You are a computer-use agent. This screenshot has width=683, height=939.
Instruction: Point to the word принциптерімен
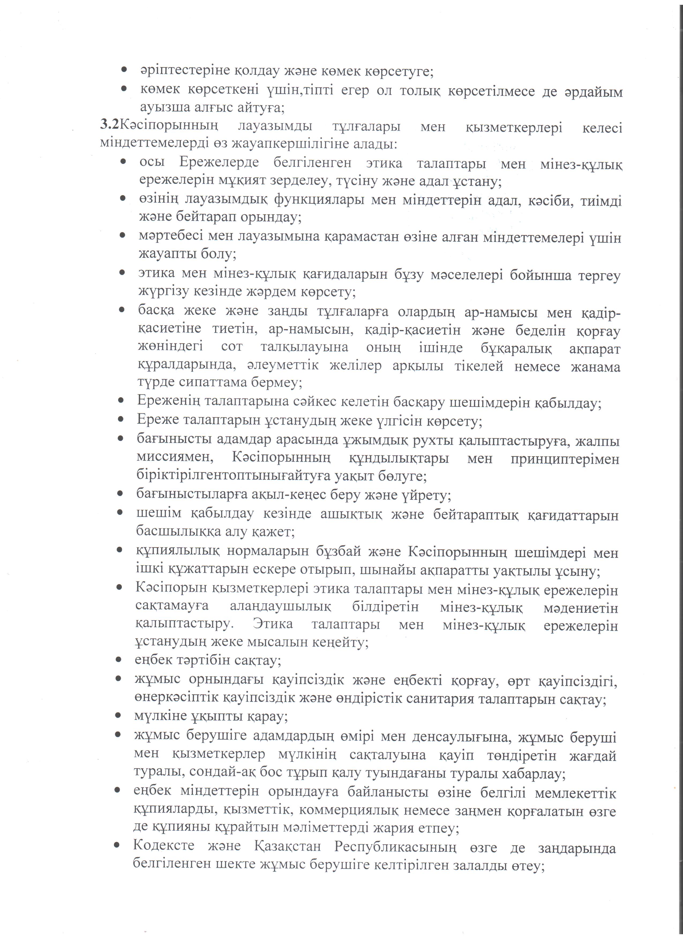[565, 459]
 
